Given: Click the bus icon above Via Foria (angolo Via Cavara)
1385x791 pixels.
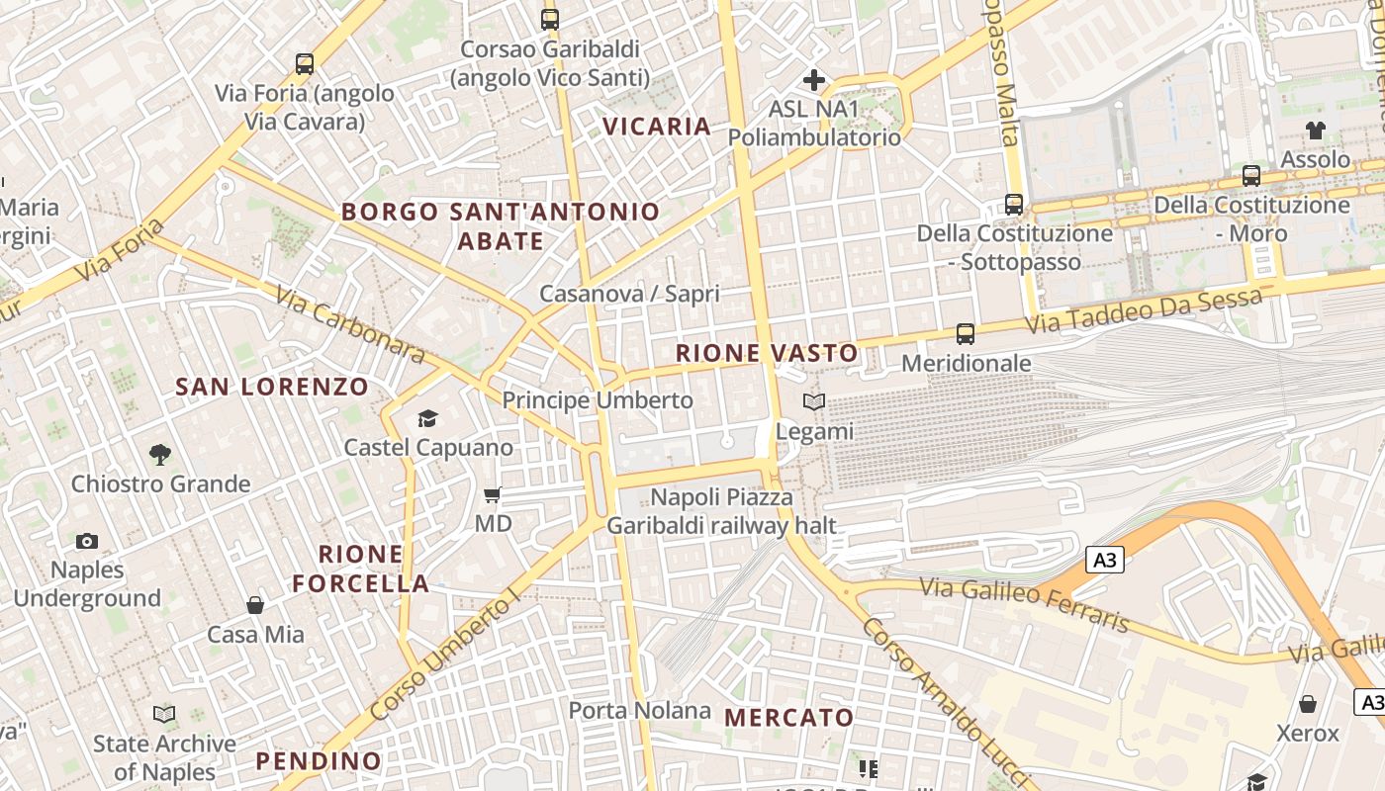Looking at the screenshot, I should pyautogui.click(x=305, y=64).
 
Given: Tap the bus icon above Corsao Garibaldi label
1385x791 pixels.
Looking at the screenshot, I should pyautogui.click(x=550, y=19).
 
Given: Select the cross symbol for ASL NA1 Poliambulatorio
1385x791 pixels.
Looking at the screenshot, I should pyautogui.click(x=814, y=79).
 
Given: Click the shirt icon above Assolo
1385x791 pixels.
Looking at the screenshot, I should pyautogui.click(x=1315, y=130).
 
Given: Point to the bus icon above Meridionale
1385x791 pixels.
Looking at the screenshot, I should pyautogui.click(x=966, y=334).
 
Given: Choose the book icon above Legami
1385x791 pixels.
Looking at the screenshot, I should pyautogui.click(x=814, y=402).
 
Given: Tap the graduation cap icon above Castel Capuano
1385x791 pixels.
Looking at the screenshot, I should pyautogui.click(x=427, y=418).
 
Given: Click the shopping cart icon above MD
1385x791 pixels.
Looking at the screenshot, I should pyautogui.click(x=493, y=494).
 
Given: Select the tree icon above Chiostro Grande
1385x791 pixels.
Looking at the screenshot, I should pyautogui.click(x=160, y=455).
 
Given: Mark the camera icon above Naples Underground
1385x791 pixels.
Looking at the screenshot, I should pyautogui.click(x=87, y=541).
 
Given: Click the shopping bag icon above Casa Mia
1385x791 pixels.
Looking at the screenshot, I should pyautogui.click(x=255, y=605).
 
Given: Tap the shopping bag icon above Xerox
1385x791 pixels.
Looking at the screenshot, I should pyautogui.click(x=1308, y=704).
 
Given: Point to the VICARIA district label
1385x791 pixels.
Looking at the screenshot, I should pyautogui.click(x=657, y=127).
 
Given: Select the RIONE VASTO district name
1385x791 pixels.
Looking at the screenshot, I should pyautogui.click(x=767, y=353).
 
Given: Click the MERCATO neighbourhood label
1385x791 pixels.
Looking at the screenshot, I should pyautogui.click(x=788, y=718).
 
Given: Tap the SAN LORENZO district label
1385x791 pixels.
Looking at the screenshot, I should pyautogui.click(x=272, y=387).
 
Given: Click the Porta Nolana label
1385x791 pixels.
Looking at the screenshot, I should pyautogui.click(x=639, y=710).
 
